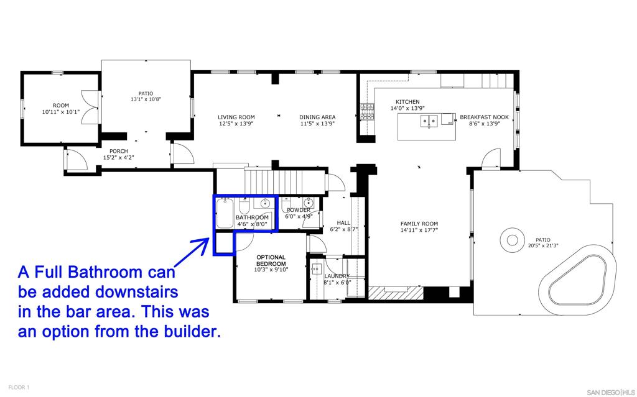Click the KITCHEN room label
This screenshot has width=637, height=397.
[407, 102]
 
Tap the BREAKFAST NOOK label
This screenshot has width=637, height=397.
[484, 117]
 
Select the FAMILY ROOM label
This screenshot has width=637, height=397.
[419, 224]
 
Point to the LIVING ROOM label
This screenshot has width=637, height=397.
[236, 117]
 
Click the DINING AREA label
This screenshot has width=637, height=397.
[317, 117]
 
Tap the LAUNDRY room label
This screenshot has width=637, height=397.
[337, 276]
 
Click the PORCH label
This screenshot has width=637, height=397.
[118, 151]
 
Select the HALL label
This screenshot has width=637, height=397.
[343, 222]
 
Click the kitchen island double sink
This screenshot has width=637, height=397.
[428, 121]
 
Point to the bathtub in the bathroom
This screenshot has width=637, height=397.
[225, 214]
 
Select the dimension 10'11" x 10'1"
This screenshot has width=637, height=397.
[60, 112]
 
